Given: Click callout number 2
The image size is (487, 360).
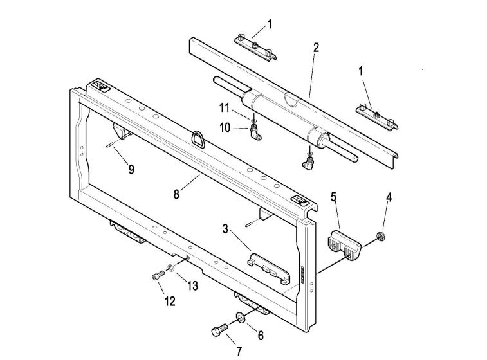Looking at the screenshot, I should point(316,47).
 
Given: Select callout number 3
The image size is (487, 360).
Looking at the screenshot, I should point(225,228).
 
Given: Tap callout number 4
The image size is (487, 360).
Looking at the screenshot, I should point(389,197).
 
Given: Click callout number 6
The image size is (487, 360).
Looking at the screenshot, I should point(261,335).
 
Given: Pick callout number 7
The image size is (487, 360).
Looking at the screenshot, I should point(239,351).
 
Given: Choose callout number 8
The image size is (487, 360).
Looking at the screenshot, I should point(176,194).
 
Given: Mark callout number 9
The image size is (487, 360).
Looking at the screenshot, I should point(131,170).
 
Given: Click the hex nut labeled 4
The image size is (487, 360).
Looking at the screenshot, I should point(380,236).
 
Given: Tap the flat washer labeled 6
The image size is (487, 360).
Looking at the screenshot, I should point(239,318).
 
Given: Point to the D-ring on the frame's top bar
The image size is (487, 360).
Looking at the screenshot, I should point(197,138).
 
